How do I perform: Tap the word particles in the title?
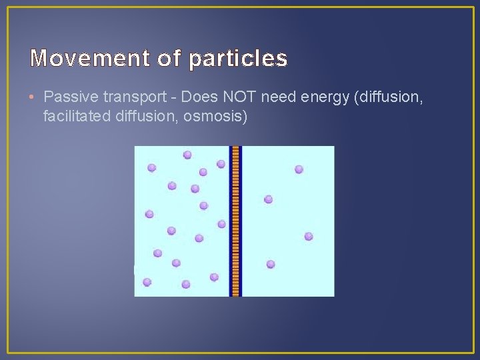click(x=238, y=59)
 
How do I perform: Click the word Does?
click(x=197, y=99)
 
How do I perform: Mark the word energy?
click(x=326, y=99)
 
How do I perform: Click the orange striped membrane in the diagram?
click(x=235, y=221)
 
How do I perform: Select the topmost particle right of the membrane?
click(x=299, y=169)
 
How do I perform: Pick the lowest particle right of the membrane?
click(x=271, y=264)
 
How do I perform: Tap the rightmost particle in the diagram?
click(x=309, y=236)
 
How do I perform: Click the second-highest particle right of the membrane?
click(x=268, y=199)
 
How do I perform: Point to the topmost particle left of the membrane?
click(x=187, y=155)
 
